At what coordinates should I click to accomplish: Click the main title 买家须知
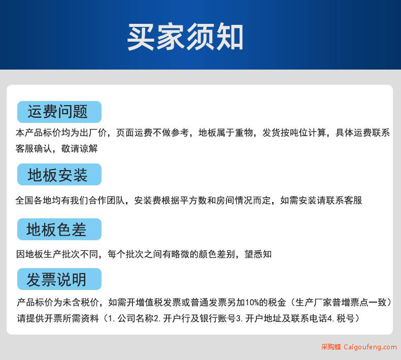click(x=185, y=37)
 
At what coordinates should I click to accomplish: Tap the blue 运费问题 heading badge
click(x=59, y=112)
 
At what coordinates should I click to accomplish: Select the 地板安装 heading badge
click(x=59, y=175)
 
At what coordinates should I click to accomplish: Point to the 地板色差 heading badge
click(x=59, y=230)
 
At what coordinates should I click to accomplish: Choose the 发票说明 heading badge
click(x=59, y=279)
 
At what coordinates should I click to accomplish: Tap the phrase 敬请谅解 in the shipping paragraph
click(x=79, y=148)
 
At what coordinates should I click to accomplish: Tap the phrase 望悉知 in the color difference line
click(x=258, y=254)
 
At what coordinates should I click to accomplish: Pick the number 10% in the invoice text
click(x=252, y=303)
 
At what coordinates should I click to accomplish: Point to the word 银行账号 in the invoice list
click(x=218, y=318)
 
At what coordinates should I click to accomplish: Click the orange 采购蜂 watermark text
click(x=331, y=347)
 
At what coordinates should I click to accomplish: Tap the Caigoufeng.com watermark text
click(x=370, y=347)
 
